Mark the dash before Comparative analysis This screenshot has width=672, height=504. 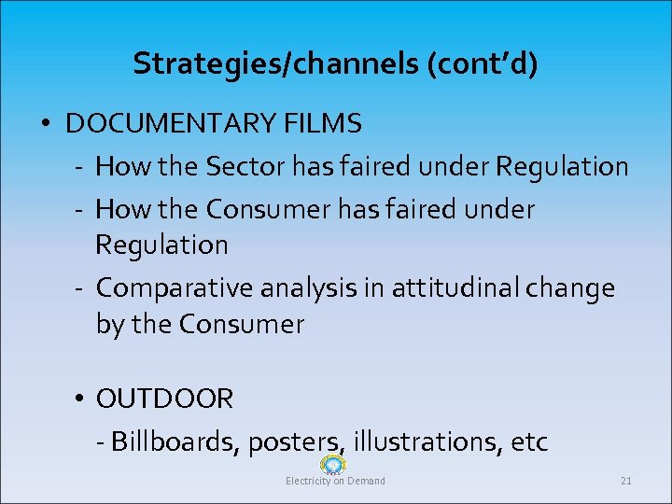(81, 289)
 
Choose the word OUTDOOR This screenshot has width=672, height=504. (164, 400)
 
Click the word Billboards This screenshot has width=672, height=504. (175, 441)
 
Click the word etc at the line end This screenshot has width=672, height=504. (529, 441)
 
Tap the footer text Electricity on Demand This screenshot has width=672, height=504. (335, 482)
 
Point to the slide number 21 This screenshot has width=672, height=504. (625, 482)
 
